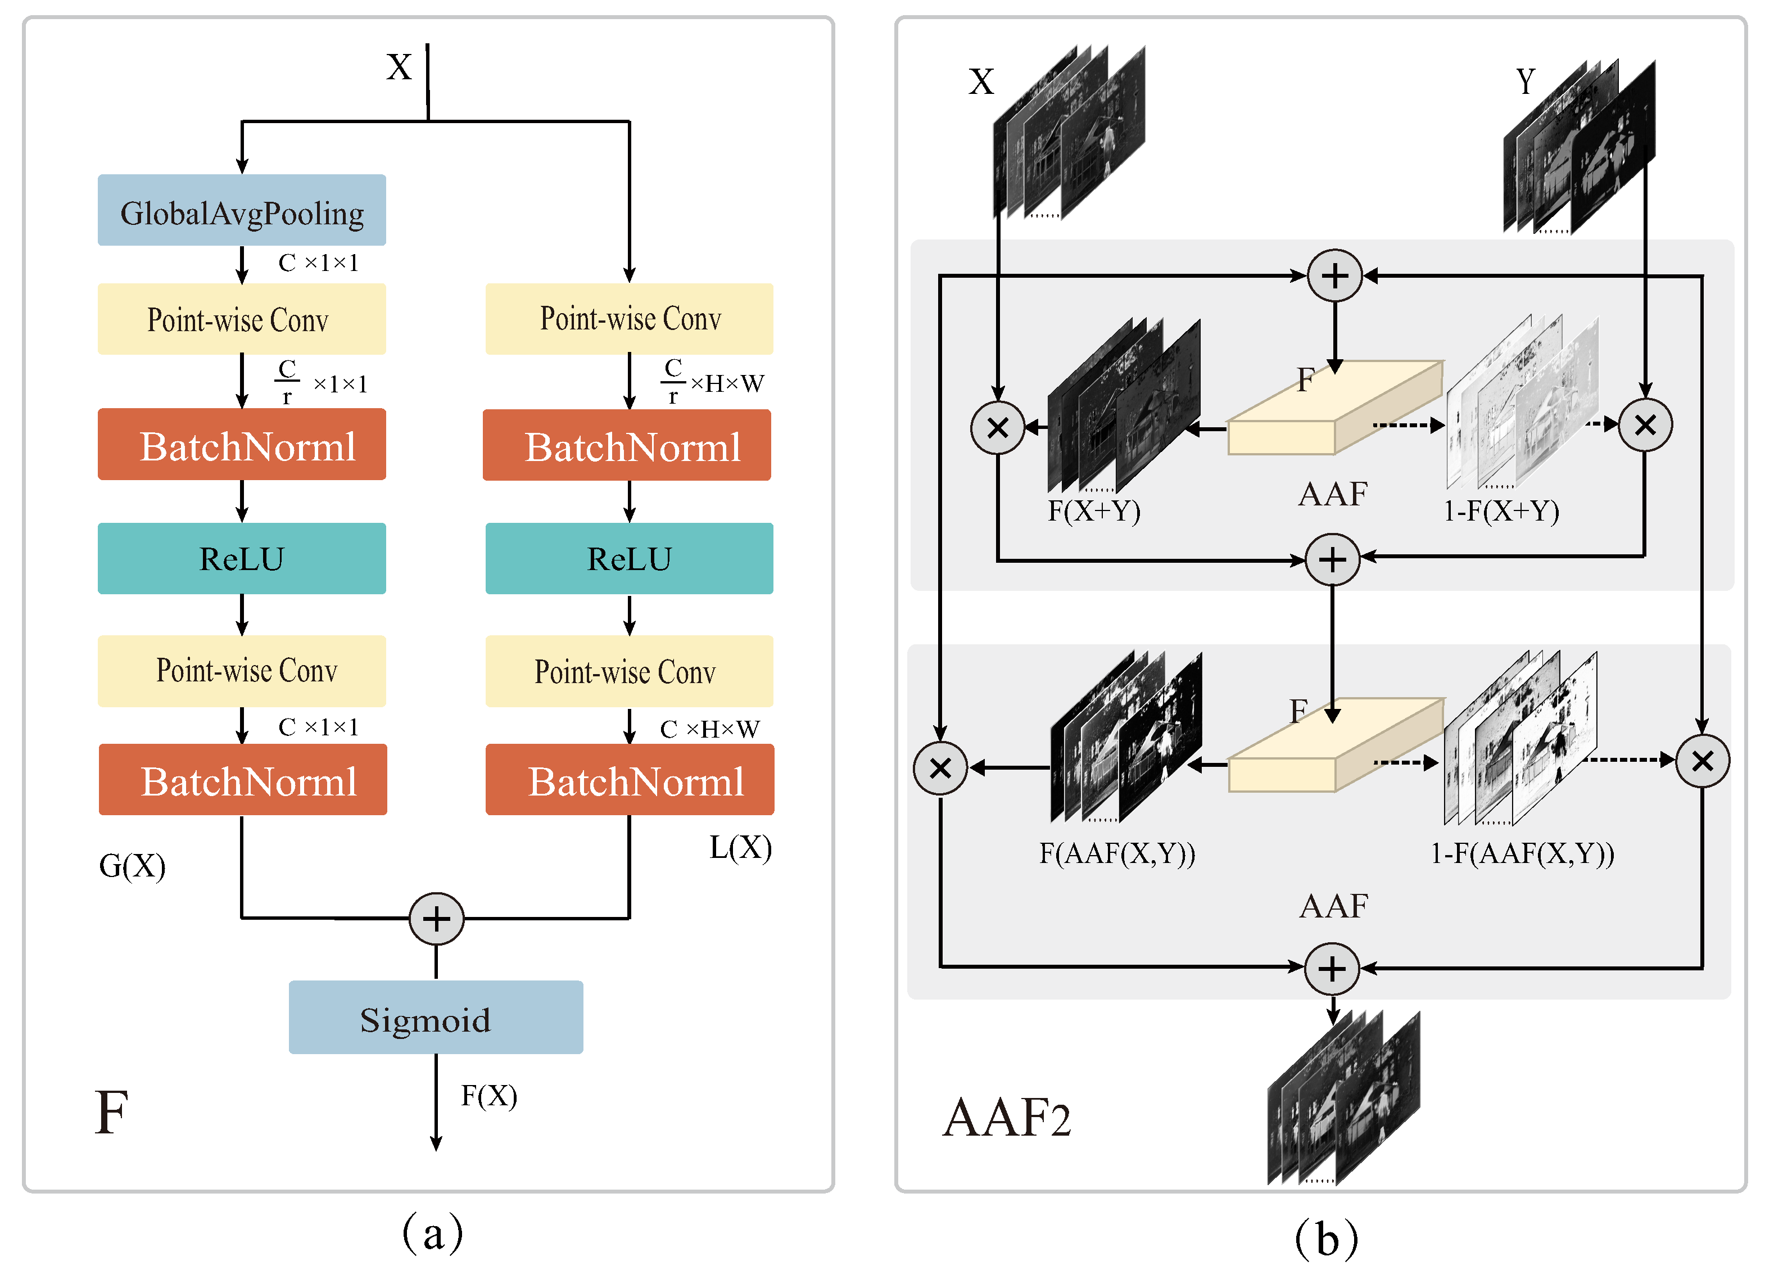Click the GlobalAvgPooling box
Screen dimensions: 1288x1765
pos(242,210)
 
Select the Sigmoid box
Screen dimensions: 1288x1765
pos(435,1018)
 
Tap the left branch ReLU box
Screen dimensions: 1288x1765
pos(242,559)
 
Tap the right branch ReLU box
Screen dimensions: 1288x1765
pos(629,559)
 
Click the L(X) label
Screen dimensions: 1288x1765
pos(740,847)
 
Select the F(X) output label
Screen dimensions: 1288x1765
pos(489,1096)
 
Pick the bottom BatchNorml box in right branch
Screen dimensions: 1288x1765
pos(629,780)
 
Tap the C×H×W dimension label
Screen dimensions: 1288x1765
pos(709,730)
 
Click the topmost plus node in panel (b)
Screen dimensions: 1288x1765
pos(1334,276)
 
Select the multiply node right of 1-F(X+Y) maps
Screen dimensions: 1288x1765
pos(1644,426)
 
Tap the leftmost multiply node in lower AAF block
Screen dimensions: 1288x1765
pos(940,769)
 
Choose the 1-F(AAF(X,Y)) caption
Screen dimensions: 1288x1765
pos(1522,854)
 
